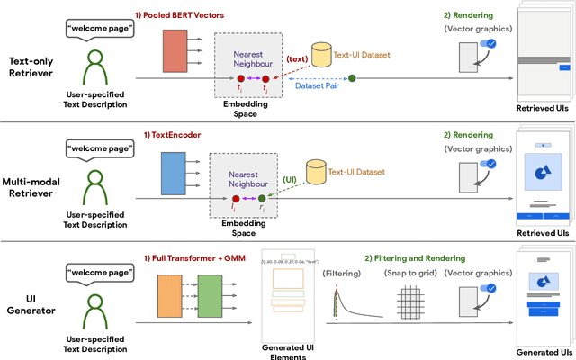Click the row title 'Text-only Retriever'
(x=31, y=67)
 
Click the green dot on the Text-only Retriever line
(x=352, y=79)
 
